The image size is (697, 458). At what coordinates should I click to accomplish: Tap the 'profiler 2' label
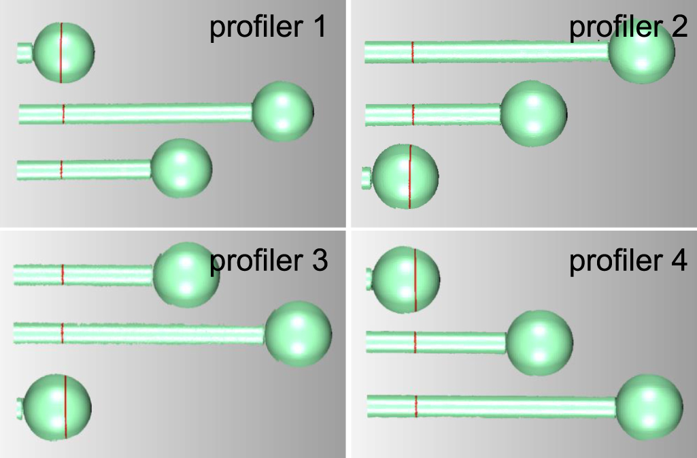point(628,28)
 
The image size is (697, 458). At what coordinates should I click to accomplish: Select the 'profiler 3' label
point(269,261)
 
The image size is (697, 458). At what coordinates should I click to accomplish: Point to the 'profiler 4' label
point(628,261)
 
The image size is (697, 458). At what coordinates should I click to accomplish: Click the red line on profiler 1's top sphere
point(61,52)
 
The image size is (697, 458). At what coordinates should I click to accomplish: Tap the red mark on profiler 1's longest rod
point(63,114)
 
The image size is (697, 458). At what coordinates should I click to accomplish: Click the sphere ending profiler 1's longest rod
point(283,111)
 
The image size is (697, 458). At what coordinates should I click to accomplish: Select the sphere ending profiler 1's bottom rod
point(182,168)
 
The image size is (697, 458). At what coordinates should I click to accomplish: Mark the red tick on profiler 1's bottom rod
point(61,169)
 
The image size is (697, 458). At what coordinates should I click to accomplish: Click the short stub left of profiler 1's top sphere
point(25,53)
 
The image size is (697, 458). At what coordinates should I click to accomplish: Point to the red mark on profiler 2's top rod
point(413,52)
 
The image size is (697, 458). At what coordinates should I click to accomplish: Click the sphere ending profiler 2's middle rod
point(533,114)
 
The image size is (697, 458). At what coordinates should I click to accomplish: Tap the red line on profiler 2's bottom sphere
point(410,176)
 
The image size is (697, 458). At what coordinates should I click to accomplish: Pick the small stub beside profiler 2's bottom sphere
point(367,178)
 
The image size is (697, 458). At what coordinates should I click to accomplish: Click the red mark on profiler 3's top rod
point(63,274)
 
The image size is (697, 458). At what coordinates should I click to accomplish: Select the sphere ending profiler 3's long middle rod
point(299,334)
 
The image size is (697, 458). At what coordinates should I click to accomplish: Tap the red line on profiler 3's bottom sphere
point(65,407)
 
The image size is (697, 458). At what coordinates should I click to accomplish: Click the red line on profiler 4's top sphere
point(415,280)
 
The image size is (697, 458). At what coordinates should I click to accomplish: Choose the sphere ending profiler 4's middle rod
point(539,343)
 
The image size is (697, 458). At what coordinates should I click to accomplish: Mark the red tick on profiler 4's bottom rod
point(416,406)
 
